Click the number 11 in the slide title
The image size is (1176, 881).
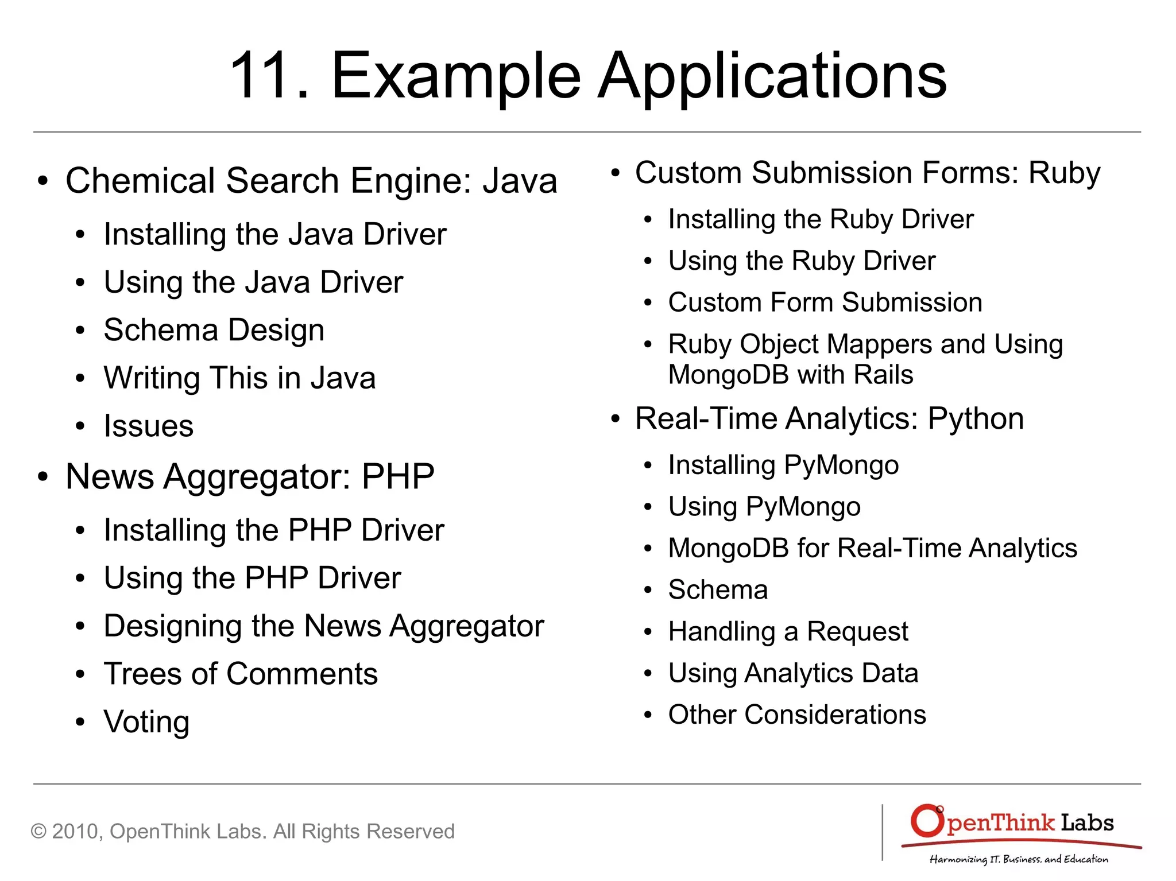262,76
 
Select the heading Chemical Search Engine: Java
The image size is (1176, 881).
311,181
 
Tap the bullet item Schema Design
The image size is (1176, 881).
214,330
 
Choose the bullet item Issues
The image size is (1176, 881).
148,426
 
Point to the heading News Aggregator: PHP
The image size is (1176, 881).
250,476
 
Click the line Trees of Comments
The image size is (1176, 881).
241,674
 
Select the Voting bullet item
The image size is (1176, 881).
146,721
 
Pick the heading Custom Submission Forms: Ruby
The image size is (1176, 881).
868,173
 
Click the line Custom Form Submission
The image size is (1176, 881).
825,302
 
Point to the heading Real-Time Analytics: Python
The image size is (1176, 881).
829,418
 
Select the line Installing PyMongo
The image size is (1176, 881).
783,465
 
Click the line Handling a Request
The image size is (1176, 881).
788,631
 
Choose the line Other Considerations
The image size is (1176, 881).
797,715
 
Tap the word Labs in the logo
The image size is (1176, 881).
1087,823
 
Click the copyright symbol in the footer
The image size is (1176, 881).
38,831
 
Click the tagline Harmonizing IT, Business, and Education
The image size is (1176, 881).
1019,859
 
